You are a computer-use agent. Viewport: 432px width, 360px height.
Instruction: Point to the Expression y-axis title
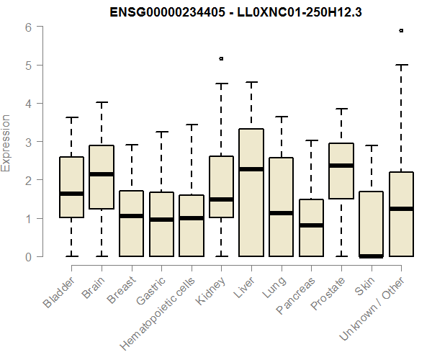point(6,143)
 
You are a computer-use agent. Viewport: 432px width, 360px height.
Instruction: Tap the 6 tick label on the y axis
point(27,27)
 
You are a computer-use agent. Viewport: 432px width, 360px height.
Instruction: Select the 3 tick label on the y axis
point(27,142)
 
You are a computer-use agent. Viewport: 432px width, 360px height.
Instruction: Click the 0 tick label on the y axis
point(27,256)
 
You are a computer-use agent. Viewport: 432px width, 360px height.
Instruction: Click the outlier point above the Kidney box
point(221,58)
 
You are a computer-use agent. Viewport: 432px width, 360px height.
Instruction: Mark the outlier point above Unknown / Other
point(401,31)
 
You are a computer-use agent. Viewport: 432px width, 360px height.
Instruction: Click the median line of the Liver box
point(251,169)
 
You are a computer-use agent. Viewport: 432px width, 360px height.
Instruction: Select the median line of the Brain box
point(102,174)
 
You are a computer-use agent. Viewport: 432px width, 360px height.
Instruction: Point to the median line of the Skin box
point(371,256)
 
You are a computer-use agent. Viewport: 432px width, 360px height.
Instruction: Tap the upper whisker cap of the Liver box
point(251,82)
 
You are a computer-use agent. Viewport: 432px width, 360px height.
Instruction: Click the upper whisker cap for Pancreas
point(311,140)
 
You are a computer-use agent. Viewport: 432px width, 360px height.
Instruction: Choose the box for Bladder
point(71,186)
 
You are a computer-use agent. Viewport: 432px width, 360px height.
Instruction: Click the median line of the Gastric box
point(161,220)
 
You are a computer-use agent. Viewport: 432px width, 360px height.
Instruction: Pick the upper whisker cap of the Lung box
point(281,117)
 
